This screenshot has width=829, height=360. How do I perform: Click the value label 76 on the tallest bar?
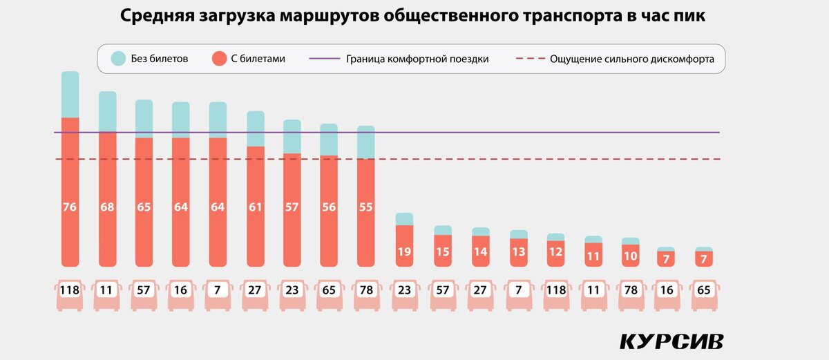point(70,206)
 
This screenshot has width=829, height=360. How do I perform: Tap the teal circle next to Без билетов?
point(117,59)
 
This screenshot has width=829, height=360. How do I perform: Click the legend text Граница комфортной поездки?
point(417,59)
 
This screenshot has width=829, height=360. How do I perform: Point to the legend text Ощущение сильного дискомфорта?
point(631,59)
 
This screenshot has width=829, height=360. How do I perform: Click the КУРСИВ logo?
point(671,341)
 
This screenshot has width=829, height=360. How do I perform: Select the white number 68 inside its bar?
point(107,206)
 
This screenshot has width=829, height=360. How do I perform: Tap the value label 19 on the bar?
point(404,252)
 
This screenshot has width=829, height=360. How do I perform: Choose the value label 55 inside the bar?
point(365,206)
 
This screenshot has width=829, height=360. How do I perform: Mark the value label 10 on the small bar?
point(630,256)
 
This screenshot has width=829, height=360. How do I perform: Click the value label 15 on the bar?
point(442,252)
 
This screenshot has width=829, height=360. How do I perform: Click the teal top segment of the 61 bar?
point(256,129)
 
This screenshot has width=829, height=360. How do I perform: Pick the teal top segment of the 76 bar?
point(70,95)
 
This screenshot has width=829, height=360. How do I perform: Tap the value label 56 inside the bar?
point(329,206)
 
